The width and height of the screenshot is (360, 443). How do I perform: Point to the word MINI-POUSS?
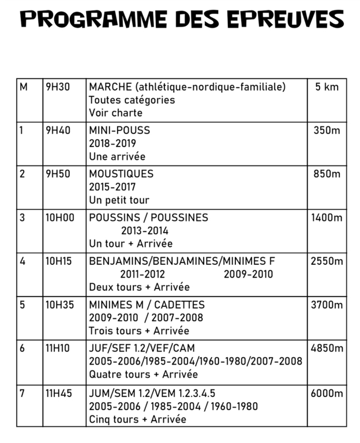click(119, 130)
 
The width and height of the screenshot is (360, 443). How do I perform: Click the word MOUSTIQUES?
click(121, 174)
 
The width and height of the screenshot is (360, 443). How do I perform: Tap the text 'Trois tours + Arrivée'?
click(139, 331)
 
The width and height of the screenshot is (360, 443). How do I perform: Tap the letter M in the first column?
click(23, 87)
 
